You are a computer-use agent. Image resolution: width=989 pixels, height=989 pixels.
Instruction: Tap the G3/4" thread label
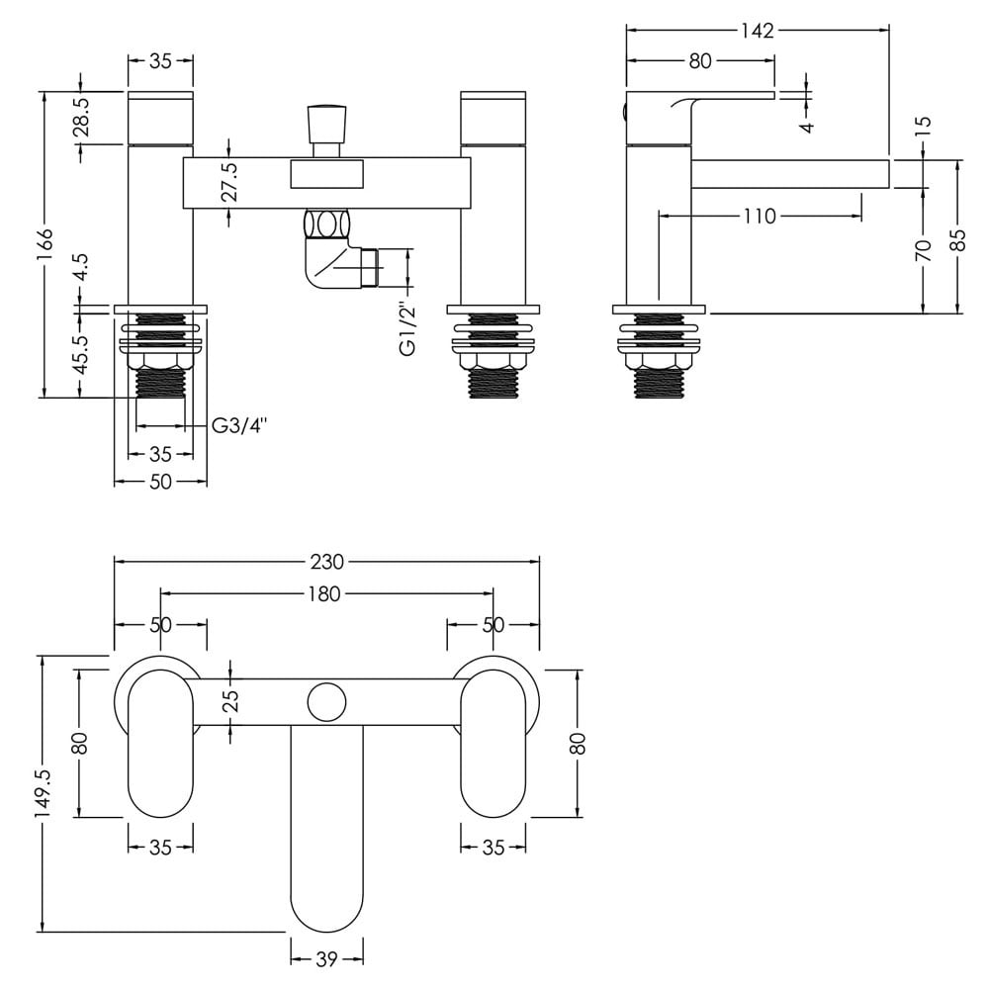(239, 426)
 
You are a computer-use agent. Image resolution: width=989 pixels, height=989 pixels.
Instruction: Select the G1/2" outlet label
(408, 330)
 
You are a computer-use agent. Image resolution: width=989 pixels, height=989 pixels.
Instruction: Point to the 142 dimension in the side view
(758, 30)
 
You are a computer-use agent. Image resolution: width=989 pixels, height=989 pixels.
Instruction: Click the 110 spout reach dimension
(760, 217)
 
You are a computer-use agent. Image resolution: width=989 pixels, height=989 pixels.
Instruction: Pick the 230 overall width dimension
(326, 562)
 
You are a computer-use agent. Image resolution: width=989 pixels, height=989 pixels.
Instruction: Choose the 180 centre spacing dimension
(325, 593)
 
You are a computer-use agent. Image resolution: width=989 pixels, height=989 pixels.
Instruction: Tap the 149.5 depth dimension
(45, 793)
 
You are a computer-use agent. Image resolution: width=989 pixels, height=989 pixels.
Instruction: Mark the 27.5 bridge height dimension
(230, 181)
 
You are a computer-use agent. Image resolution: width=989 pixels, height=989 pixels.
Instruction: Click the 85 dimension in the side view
(958, 239)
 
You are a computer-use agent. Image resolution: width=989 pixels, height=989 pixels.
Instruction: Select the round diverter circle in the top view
(326, 702)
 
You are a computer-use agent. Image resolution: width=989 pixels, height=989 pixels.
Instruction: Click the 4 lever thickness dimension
(807, 127)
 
